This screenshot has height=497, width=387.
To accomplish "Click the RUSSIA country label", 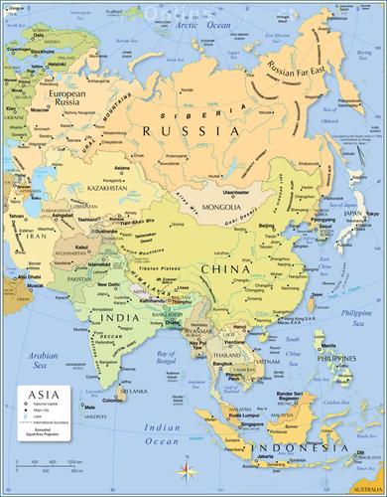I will point(191,130).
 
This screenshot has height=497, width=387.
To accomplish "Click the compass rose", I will point(188,467).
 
